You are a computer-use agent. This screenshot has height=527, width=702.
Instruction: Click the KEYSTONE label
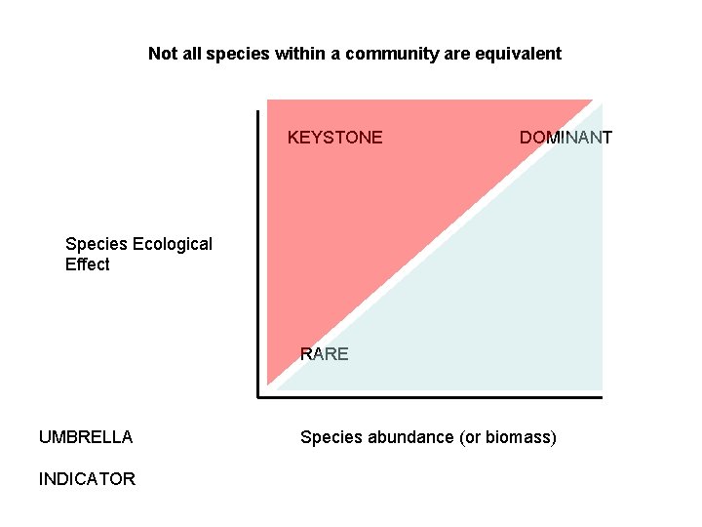coord(334,138)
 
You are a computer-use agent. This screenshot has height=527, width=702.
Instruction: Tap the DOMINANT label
coord(565,138)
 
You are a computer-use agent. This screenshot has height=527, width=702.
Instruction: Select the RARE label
coord(324,354)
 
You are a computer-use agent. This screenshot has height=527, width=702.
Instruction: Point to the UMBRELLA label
coord(86,437)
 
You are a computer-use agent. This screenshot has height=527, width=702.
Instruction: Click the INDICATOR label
coord(87,479)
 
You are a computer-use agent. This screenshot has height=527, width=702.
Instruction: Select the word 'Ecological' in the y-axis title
coord(171,244)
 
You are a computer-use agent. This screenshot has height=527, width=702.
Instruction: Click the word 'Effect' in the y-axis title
coord(88,264)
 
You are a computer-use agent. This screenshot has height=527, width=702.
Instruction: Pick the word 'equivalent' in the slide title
coord(518,54)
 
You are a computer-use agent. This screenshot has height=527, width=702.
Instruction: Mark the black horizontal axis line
coord(429,396)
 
